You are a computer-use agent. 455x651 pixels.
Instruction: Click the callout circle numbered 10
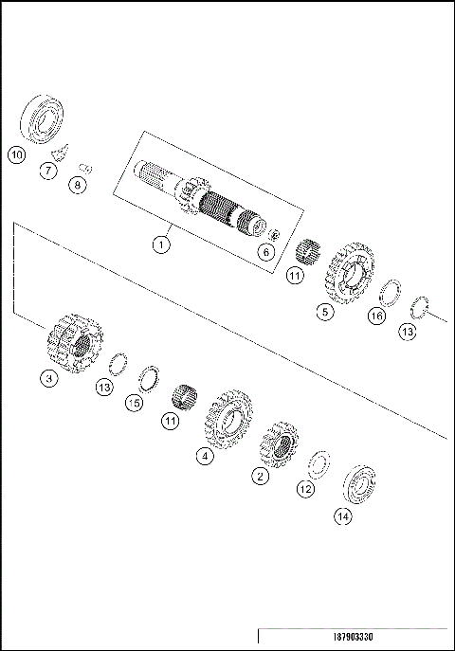pyautogui.click(x=15, y=154)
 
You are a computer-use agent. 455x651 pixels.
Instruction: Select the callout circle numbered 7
pyautogui.click(x=46, y=171)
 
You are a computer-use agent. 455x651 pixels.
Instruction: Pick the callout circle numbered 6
pyautogui.click(x=267, y=252)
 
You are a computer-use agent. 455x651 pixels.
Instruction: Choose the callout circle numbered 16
pyautogui.click(x=376, y=316)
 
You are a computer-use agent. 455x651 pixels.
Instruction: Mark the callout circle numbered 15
pyautogui.click(x=135, y=404)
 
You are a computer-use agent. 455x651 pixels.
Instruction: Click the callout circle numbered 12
pyautogui.click(x=305, y=489)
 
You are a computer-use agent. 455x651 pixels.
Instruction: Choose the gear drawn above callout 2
pyautogui.click(x=279, y=444)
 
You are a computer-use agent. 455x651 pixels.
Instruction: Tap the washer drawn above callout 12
pyautogui.click(x=320, y=463)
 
